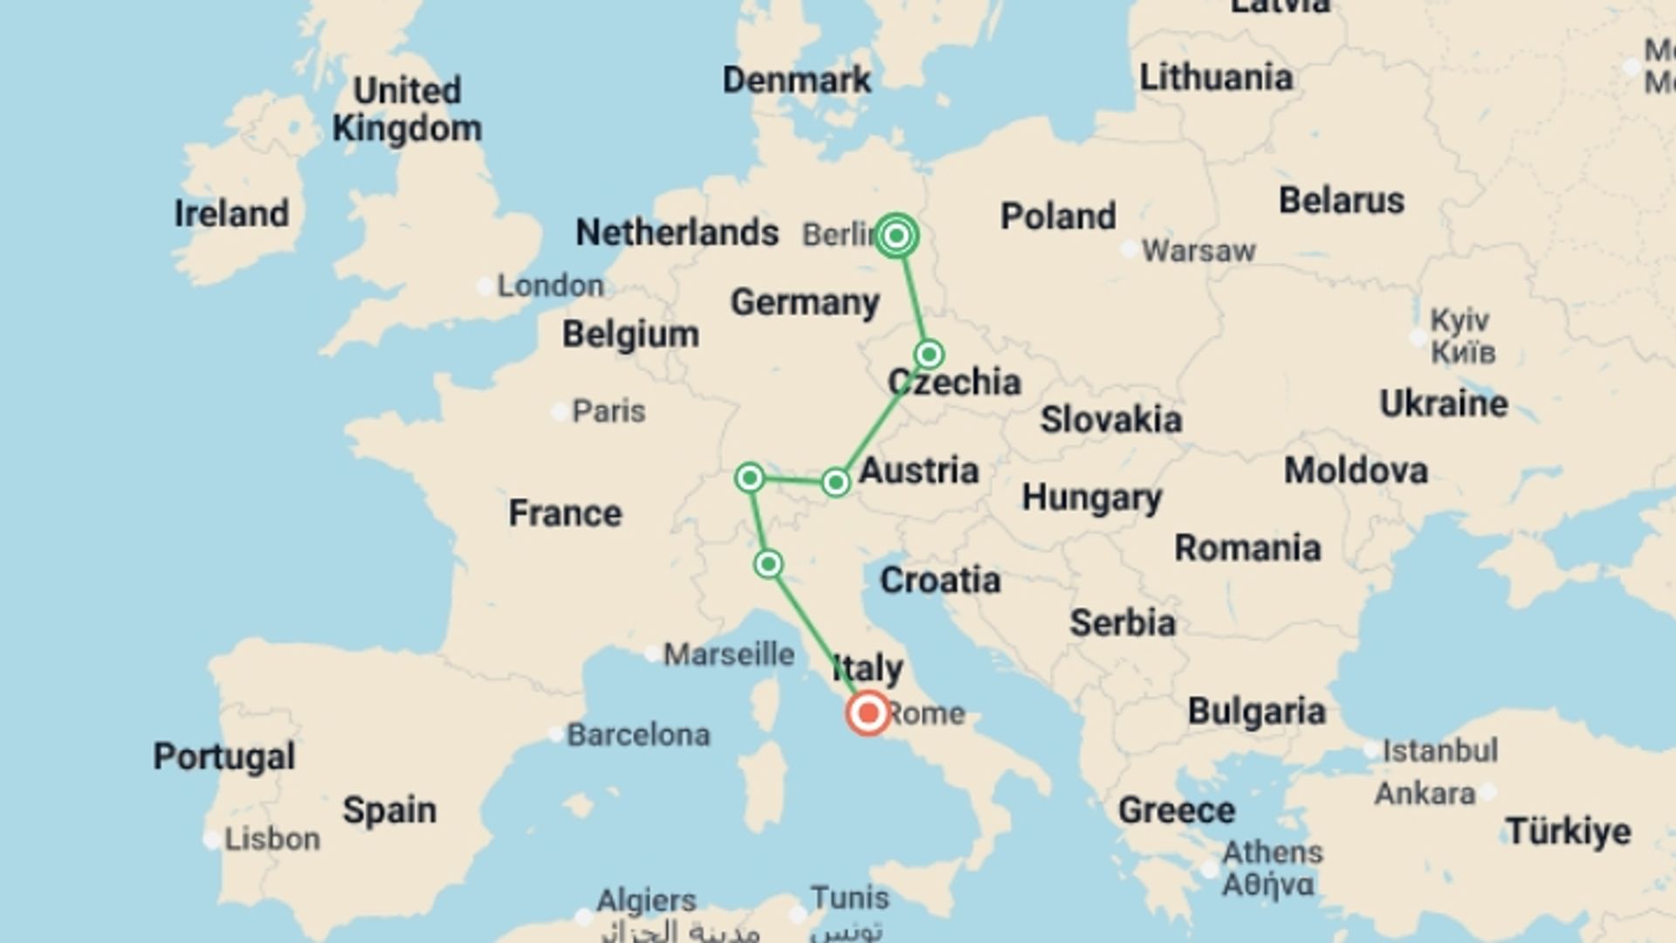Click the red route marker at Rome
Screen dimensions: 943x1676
click(x=868, y=713)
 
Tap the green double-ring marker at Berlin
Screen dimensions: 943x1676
click(x=896, y=236)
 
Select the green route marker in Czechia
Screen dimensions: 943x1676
click(x=929, y=354)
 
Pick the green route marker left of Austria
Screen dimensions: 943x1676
click(x=835, y=482)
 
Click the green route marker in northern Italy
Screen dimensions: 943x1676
click(x=768, y=564)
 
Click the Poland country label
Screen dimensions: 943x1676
click(x=1058, y=216)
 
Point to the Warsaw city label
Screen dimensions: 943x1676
click(x=1199, y=251)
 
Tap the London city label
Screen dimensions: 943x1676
click(x=550, y=286)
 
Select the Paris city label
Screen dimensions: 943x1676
click(x=608, y=411)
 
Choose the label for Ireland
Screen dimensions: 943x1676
click(x=231, y=214)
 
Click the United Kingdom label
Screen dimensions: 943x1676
click(x=407, y=109)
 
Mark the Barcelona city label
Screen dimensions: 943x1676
click(x=638, y=735)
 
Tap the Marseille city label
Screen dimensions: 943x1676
click(x=729, y=654)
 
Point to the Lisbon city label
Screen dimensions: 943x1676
click(x=272, y=839)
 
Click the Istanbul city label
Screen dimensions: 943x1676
click(x=1440, y=750)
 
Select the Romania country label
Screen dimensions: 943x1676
click(x=1247, y=548)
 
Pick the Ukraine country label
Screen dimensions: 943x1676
click(x=1443, y=403)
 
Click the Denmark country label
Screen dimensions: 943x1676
click(x=796, y=80)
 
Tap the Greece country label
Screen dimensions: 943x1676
click(x=1176, y=810)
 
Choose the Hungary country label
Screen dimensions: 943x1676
click(x=1091, y=498)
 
